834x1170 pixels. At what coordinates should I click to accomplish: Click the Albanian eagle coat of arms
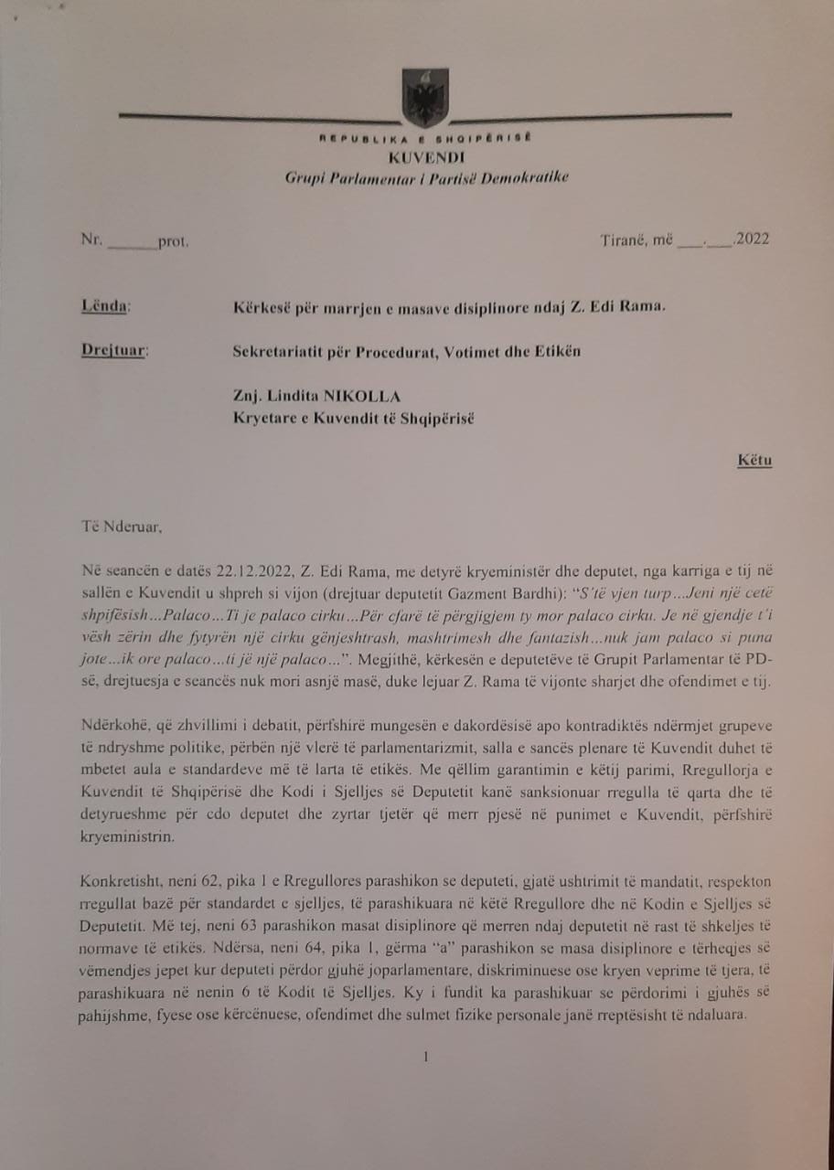425,98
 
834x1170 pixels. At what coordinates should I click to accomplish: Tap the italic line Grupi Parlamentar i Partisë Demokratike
426,175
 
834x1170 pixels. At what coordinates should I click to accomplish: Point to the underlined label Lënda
105,306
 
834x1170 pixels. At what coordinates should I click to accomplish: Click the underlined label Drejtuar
112,351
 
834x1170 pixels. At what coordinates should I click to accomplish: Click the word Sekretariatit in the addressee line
275,352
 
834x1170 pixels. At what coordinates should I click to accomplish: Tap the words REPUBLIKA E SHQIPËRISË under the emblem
425,139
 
